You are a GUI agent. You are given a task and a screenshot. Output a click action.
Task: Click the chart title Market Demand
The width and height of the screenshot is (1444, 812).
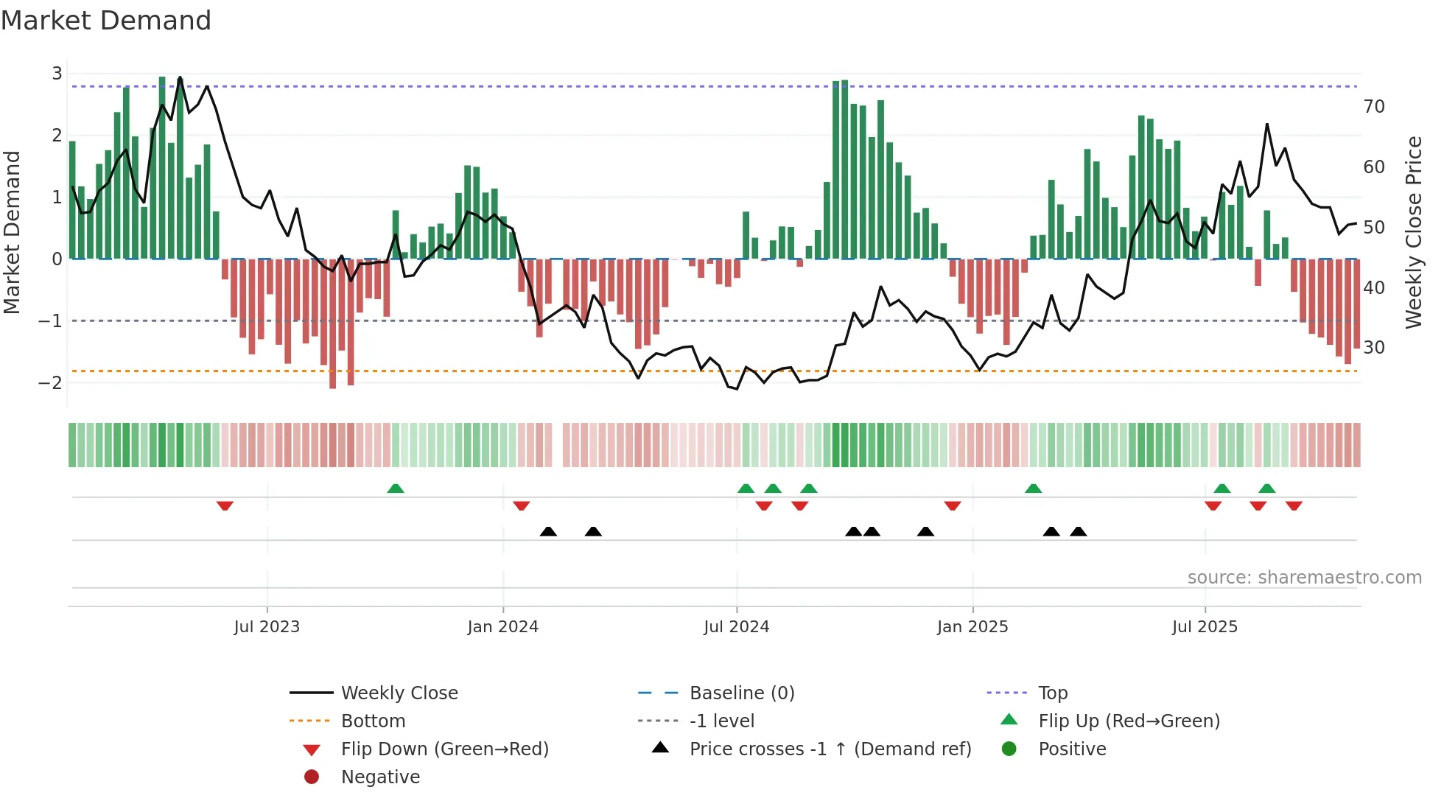click(x=106, y=21)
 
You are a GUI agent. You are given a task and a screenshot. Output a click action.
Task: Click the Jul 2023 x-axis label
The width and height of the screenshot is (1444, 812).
click(x=267, y=627)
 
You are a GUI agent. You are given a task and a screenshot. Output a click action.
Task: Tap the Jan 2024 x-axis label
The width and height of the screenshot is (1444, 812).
click(x=502, y=627)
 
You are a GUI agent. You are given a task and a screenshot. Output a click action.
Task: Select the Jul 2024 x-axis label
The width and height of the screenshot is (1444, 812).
click(x=736, y=627)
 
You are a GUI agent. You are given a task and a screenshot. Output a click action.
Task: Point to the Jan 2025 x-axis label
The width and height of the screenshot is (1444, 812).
click(x=972, y=627)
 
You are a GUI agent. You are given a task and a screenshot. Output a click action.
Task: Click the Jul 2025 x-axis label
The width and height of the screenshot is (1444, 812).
click(x=1205, y=627)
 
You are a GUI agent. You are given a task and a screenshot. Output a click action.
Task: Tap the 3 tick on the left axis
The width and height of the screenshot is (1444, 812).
click(x=57, y=74)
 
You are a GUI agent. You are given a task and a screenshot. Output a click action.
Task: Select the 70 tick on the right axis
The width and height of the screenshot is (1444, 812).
click(x=1373, y=107)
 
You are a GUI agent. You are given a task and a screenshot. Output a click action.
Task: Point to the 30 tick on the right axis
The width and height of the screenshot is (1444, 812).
click(x=1373, y=347)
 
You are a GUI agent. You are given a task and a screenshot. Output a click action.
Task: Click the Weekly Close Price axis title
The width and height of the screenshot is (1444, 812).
click(x=1413, y=232)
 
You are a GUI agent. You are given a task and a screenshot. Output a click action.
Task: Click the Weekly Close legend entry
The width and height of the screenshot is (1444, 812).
click(x=399, y=693)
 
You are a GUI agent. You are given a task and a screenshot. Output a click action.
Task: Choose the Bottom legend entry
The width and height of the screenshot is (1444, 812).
click(x=373, y=721)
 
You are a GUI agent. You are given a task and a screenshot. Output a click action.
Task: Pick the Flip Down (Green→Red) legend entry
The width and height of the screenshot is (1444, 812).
click(x=444, y=749)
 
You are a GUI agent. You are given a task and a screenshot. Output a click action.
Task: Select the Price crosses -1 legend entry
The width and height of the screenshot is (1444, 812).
click(x=830, y=749)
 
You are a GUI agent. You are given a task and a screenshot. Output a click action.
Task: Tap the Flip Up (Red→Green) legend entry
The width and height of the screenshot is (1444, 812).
click(x=1129, y=721)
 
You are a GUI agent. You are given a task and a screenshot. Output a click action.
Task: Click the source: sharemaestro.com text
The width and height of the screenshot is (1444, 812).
click(x=1304, y=578)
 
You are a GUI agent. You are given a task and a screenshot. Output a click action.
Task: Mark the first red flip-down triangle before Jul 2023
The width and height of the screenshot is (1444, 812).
click(x=225, y=505)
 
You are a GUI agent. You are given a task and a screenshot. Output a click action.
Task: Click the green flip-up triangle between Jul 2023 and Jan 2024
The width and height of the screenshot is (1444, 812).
click(x=396, y=489)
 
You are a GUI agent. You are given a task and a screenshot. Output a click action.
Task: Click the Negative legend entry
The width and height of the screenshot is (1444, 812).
click(x=380, y=777)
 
